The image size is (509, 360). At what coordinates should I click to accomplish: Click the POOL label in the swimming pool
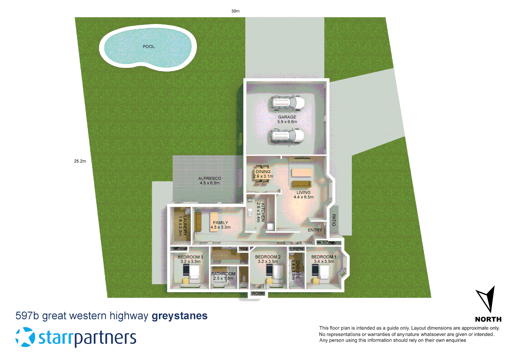pos(149,47)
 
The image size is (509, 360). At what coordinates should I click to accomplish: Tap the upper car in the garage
pos(287,103)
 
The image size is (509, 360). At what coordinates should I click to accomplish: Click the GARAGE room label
pos(287,117)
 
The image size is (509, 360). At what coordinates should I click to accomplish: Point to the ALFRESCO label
pos(210,178)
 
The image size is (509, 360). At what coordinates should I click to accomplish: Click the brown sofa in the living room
pos(301,184)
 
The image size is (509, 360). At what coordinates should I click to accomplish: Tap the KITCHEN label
pos(263,212)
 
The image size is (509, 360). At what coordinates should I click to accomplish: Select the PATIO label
pos(334,220)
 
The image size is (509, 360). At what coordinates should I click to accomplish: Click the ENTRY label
pos(315,230)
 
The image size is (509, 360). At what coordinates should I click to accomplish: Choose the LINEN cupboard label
pos(296,249)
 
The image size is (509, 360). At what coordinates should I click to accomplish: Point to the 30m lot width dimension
pos(236,11)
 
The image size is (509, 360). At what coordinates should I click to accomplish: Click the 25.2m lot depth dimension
pos(80,161)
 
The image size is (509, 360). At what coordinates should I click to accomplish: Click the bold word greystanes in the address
pos(180,316)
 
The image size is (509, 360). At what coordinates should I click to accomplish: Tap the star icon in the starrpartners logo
pos(25,337)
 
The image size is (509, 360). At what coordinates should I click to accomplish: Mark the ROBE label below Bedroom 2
pos(258,294)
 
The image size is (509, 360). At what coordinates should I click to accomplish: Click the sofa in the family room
pos(198,222)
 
